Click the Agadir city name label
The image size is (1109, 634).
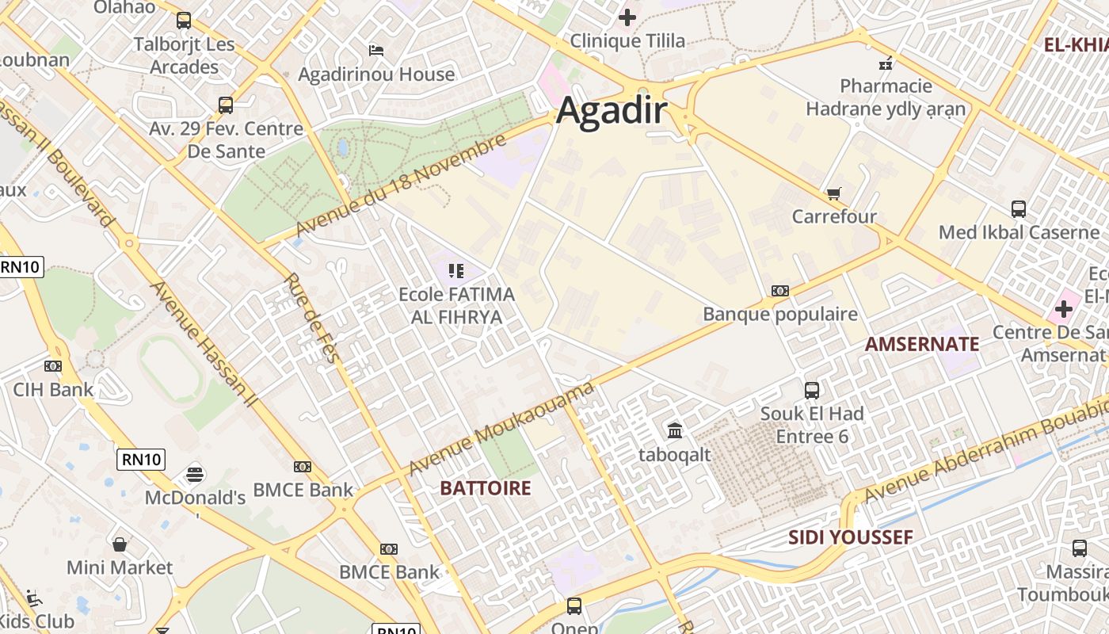[x=612, y=110]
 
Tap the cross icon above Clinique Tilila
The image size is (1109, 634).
[x=627, y=17]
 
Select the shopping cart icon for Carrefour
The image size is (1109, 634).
[x=833, y=193]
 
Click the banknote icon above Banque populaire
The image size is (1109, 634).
[x=780, y=291]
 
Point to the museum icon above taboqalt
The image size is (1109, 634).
[x=675, y=430]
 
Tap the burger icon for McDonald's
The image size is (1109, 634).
[x=195, y=474]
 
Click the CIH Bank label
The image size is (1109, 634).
[x=53, y=389]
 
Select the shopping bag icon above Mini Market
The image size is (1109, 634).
[x=120, y=544]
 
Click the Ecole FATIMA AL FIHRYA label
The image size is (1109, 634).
[x=456, y=306]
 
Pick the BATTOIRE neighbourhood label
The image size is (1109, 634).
[x=486, y=488]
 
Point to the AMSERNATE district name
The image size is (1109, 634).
[x=922, y=344]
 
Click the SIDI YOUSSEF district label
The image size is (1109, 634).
[x=851, y=537]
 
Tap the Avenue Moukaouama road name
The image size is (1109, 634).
[x=501, y=429]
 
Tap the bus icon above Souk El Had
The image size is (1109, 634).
[x=812, y=390]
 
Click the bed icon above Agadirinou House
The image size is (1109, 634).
[x=376, y=51]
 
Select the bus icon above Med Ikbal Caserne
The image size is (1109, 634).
[x=1019, y=209]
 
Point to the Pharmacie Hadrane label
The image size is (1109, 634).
[x=886, y=97]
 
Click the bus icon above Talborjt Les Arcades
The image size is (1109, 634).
[x=184, y=21]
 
